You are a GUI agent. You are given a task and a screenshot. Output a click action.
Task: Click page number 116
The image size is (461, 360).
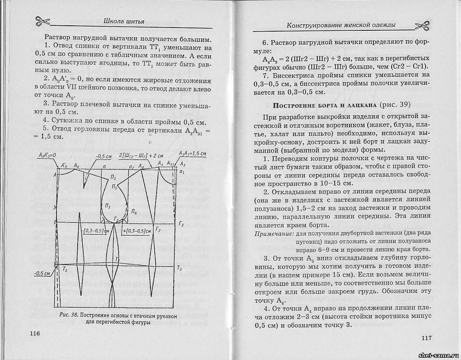pyautogui.click(x=35, y=333)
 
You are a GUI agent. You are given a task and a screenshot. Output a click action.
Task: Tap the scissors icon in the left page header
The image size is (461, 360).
pyautogui.click(x=42, y=20)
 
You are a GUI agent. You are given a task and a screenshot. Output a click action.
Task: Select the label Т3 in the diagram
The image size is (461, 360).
pyautogui.click(x=180, y=268)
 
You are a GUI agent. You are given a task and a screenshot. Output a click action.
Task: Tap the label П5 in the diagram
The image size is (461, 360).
pyautogui.click(x=115, y=187)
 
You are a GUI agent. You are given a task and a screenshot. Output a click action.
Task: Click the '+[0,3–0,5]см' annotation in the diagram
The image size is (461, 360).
pyautogui.click(x=138, y=231)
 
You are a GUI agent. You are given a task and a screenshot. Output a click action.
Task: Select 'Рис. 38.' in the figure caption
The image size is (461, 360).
pyautogui.click(x=68, y=315)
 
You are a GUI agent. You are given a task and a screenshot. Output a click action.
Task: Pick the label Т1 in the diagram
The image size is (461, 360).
pyautogui.click(x=65, y=270)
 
